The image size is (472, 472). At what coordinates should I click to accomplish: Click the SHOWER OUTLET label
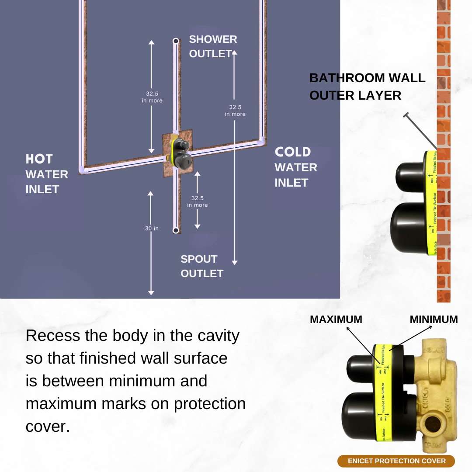pos(213,46)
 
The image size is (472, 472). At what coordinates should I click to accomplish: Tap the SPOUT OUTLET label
pos(201,266)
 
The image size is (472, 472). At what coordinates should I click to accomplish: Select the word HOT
pos(39,159)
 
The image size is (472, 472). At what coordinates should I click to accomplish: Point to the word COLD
pos(293,152)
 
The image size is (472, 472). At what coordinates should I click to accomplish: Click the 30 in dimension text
pos(152,228)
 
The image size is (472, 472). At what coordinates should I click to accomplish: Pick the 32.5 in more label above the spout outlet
pos(198,201)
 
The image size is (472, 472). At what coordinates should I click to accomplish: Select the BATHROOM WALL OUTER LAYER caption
pos(367,87)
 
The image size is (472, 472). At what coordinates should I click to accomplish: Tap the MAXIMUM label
pos(336,319)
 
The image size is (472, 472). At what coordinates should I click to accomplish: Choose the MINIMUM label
pos(434,319)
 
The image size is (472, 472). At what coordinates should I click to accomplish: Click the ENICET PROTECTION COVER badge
pos(396,461)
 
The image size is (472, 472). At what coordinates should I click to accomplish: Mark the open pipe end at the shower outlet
pos(176,41)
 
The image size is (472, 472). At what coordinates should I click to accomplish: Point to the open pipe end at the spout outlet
pos(175,230)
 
